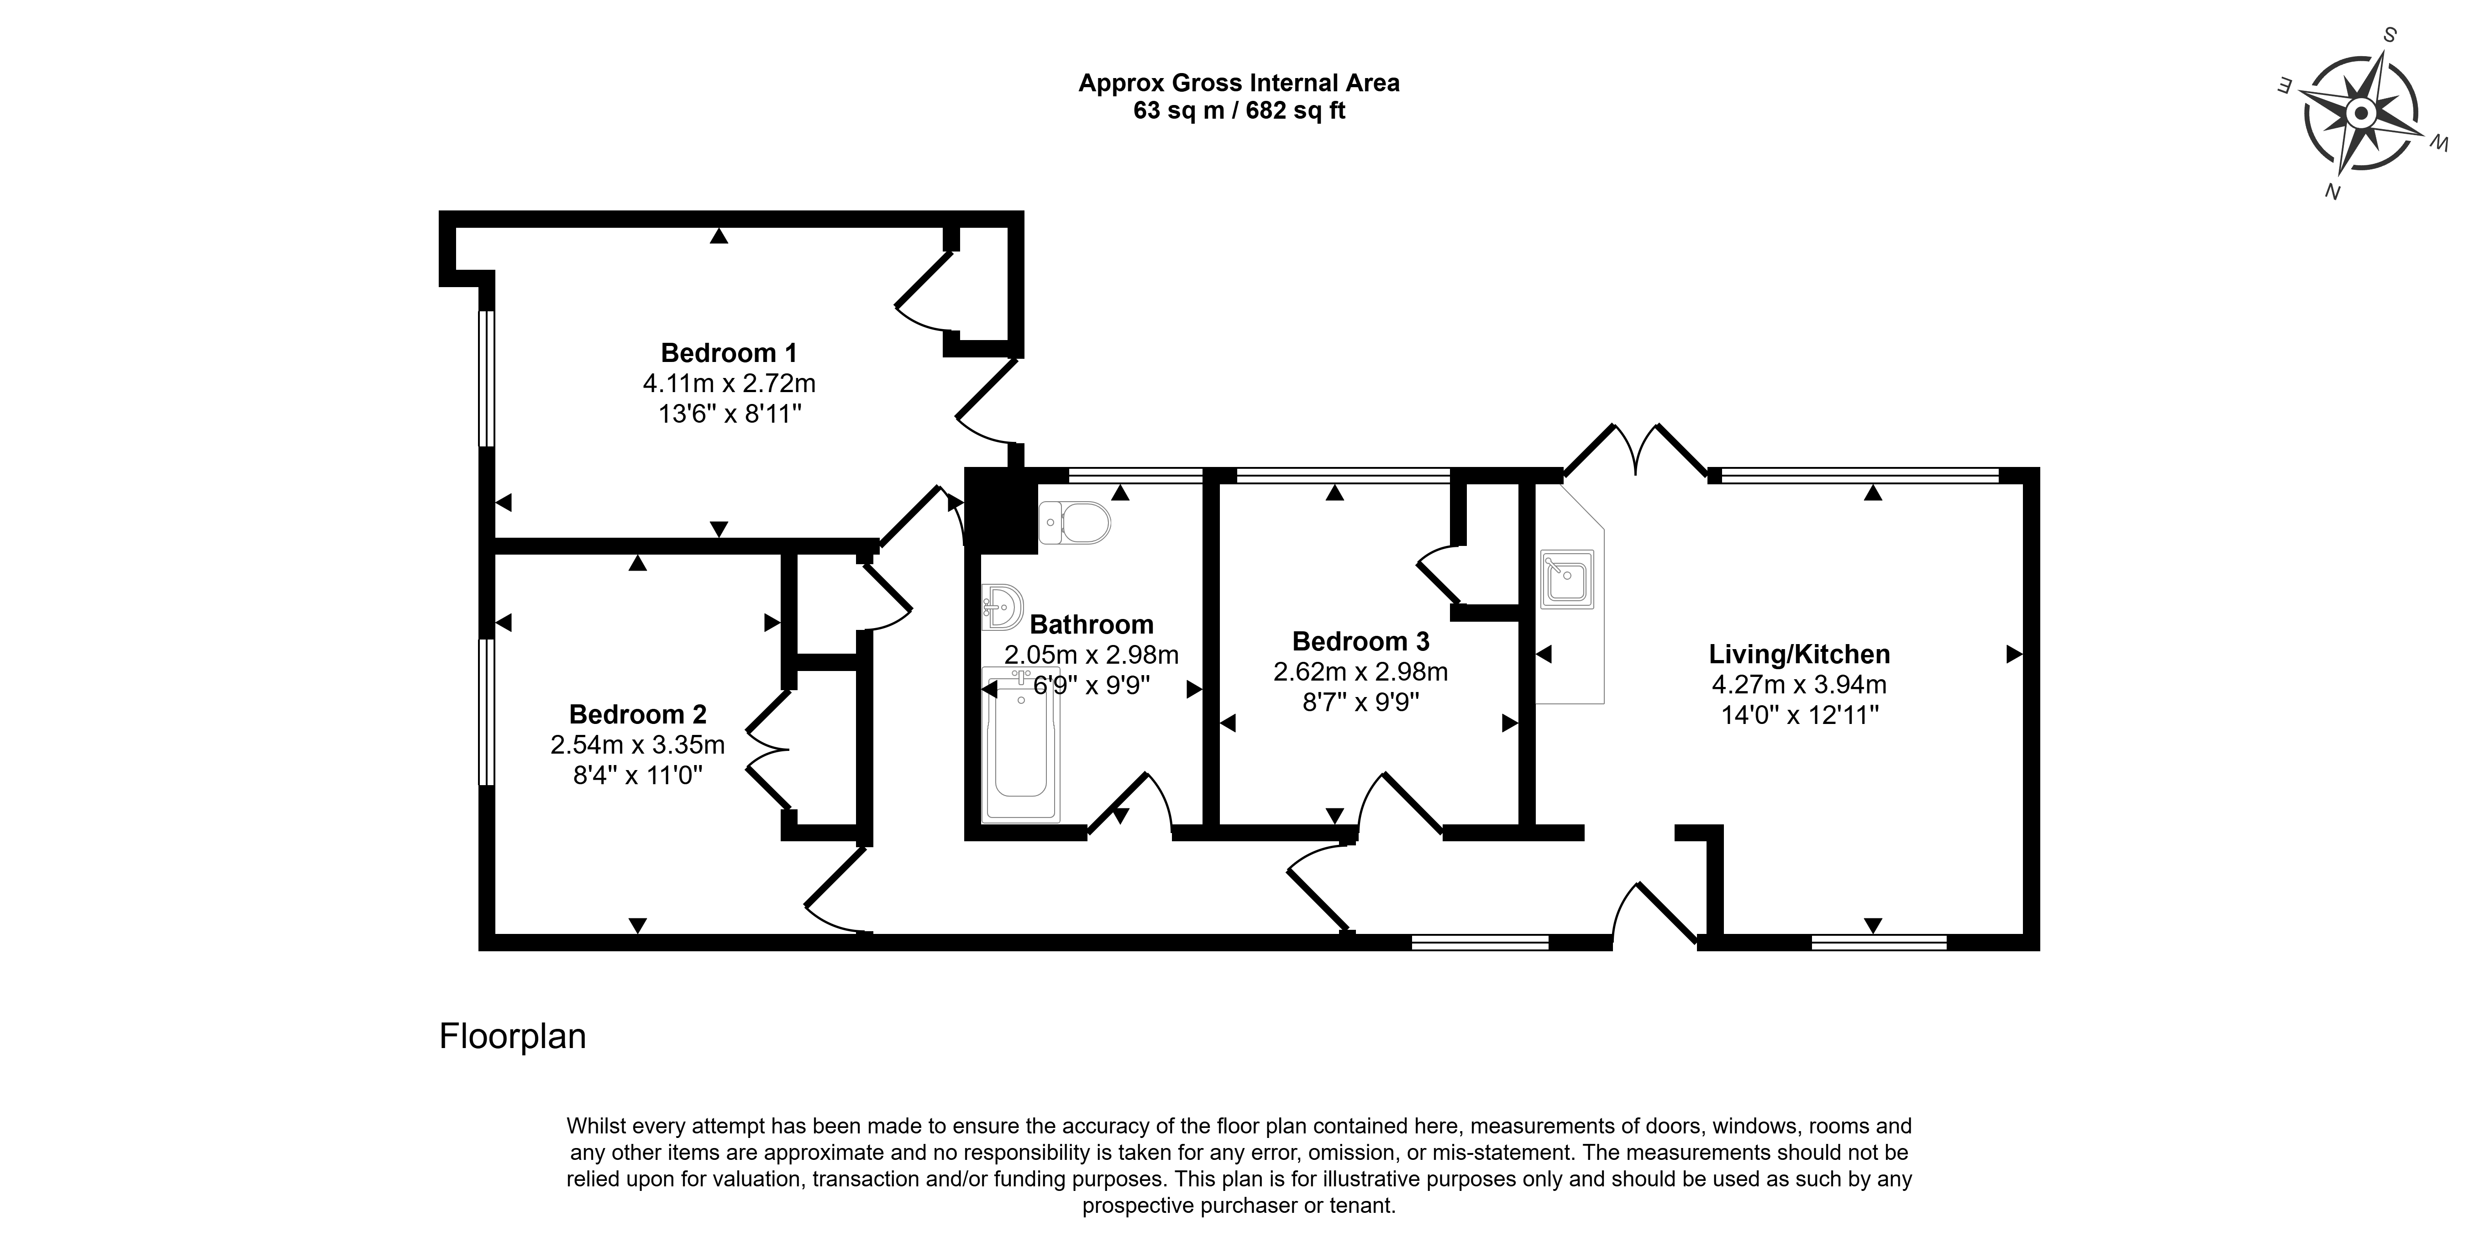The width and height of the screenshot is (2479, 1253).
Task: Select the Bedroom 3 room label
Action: (x=1361, y=641)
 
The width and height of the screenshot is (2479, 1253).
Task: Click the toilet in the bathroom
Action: (x=1074, y=523)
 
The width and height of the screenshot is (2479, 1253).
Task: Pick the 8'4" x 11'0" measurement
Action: (x=638, y=775)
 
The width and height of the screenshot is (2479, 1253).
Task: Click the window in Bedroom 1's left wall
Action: (x=487, y=378)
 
